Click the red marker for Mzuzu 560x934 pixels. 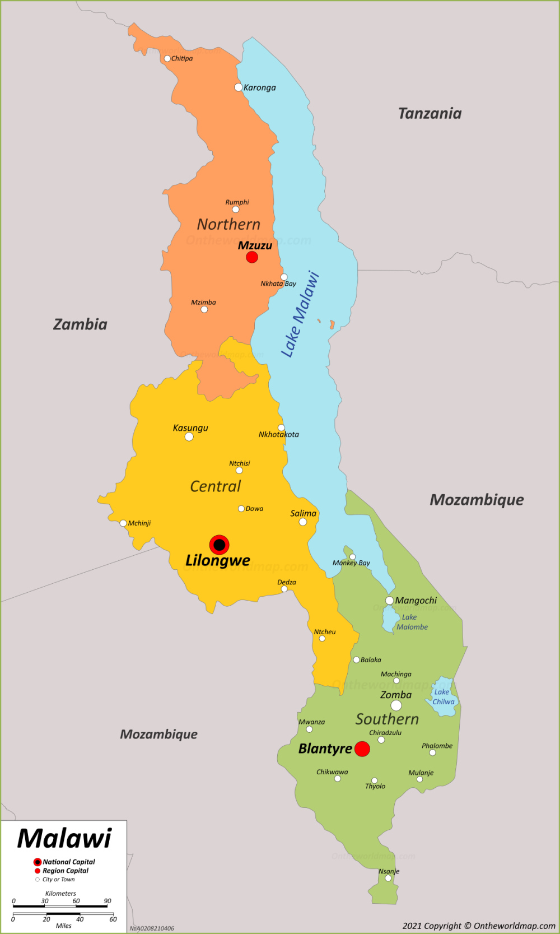252,257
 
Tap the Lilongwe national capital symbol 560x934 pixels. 219,545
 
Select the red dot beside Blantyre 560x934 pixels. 362,749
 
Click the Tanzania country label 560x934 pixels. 430,114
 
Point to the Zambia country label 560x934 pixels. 80,324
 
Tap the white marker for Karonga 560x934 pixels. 239,87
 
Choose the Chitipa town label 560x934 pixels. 182,58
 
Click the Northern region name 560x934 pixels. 228,225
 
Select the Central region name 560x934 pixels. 215,486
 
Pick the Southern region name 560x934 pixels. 387,719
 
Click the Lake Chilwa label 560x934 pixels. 443,697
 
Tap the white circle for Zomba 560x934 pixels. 396,705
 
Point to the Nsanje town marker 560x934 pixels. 388,878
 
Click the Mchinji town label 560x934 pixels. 139,523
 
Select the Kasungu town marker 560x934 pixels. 189,437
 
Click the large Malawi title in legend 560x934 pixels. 64,839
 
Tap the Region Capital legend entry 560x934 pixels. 65,871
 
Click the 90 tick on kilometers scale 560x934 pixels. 108,902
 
